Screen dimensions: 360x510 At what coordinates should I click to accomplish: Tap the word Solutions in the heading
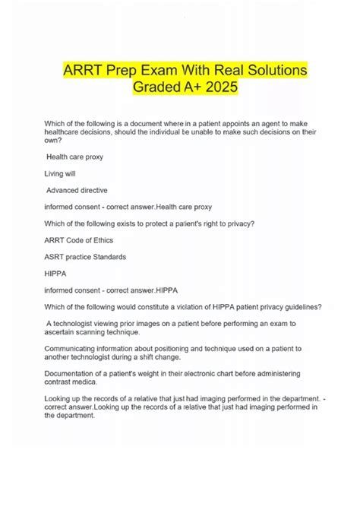[264, 71]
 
